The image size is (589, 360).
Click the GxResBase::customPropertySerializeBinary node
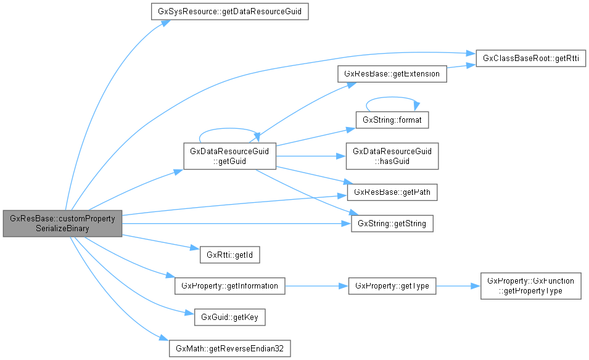(x=62, y=223)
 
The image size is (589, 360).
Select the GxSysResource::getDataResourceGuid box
(x=229, y=11)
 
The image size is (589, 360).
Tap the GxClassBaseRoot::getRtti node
(x=530, y=59)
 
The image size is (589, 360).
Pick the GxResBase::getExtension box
(x=392, y=74)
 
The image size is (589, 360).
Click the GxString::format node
(x=392, y=120)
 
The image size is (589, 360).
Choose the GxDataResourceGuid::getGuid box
(x=229, y=155)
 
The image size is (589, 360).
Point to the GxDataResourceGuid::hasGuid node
(x=392, y=155)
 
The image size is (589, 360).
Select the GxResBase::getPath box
(x=392, y=192)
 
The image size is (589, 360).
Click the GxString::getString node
(x=392, y=223)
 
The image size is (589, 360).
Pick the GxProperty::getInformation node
(x=229, y=286)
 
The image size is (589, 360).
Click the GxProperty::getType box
(x=392, y=286)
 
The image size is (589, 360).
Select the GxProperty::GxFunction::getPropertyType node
(x=530, y=286)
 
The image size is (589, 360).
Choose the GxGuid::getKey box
(x=229, y=318)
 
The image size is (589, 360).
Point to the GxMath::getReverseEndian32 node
(x=229, y=348)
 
